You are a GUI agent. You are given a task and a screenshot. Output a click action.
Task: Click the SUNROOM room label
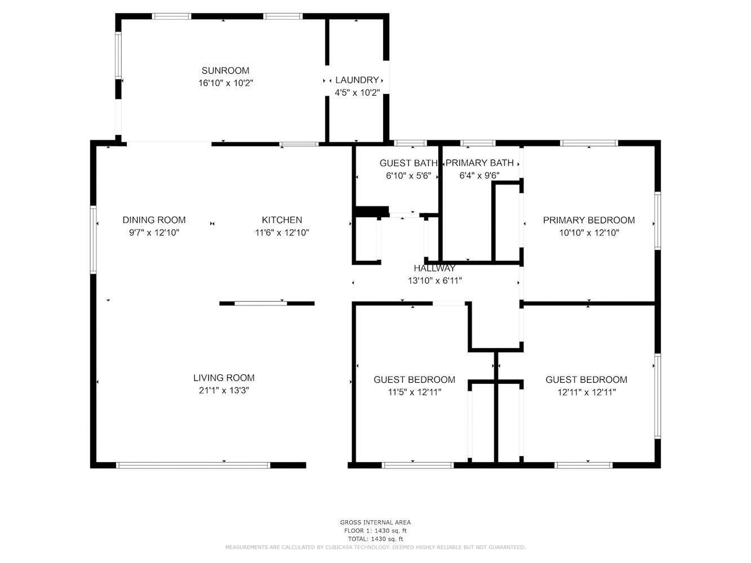pyautogui.click(x=225, y=71)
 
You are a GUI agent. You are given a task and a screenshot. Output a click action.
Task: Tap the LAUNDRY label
pyautogui.click(x=357, y=80)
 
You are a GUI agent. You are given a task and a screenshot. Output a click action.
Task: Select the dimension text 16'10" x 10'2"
pyautogui.click(x=225, y=83)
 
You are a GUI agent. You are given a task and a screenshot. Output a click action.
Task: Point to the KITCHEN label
pyautogui.click(x=282, y=220)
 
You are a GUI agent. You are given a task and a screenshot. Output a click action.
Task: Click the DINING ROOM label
pyautogui.click(x=154, y=220)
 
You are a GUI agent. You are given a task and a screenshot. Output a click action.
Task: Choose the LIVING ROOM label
pyautogui.click(x=224, y=378)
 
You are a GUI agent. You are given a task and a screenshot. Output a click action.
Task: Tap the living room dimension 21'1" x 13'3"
pyautogui.click(x=224, y=390)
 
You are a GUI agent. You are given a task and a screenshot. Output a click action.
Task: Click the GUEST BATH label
pyautogui.click(x=408, y=163)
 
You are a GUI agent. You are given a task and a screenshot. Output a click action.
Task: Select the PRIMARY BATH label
pyautogui.click(x=479, y=163)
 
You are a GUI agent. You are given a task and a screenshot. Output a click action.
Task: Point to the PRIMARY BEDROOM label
pyautogui.click(x=589, y=220)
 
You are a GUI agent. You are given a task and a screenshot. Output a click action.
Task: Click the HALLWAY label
pyautogui.click(x=434, y=268)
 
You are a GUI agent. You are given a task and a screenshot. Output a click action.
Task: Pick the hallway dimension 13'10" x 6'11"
pyautogui.click(x=434, y=280)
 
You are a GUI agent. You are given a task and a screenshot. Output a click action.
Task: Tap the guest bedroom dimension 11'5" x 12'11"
pyautogui.click(x=414, y=392)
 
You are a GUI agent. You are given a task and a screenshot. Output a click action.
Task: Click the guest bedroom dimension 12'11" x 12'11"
pyautogui.click(x=586, y=392)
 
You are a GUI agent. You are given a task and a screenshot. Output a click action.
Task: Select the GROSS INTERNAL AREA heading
pyautogui.click(x=375, y=522)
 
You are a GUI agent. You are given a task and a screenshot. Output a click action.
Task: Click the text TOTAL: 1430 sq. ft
pyautogui.click(x=375, y=539)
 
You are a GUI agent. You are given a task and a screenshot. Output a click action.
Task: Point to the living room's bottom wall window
pyautogui.click(x=193, y=465)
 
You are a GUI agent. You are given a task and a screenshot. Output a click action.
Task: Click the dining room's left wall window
pyautogui.click(x=93, y=239)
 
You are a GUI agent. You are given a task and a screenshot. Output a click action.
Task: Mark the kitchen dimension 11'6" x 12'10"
pyautogui.click(x=282, y=233)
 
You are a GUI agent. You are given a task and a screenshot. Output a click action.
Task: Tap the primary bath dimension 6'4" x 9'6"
pyautogui.click(x=479, y=176)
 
